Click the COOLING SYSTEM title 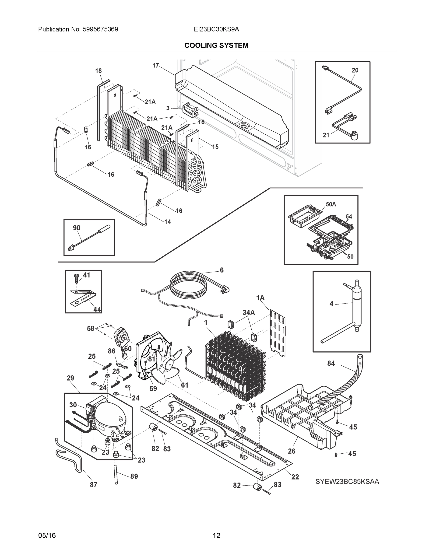pyautogui.click(x=216, y=45)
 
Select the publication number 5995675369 pyautogui.click(x=100, y=29)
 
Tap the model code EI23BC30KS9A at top pyautogui.click(x=216, y=29)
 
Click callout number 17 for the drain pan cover pyautogui.click(x=155, y=65)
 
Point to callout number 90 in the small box pyautogui.click(x=76, y=228)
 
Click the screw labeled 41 pyautogui.click(x=76, y=278)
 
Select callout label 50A pyautogui.click(x=331, y=204)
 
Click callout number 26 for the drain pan pyautogui.click(x=292, y=451)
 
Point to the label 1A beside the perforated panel pyautogui.click(x=260, y=298)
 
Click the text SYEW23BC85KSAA pyautogui.click(x=347, y=482)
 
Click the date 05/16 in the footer pyautogui.click(x=47, y=535)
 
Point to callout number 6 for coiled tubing pyautogui.click(x=221, y=270)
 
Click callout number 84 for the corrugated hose pyautogui.click(x=331, y=363)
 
